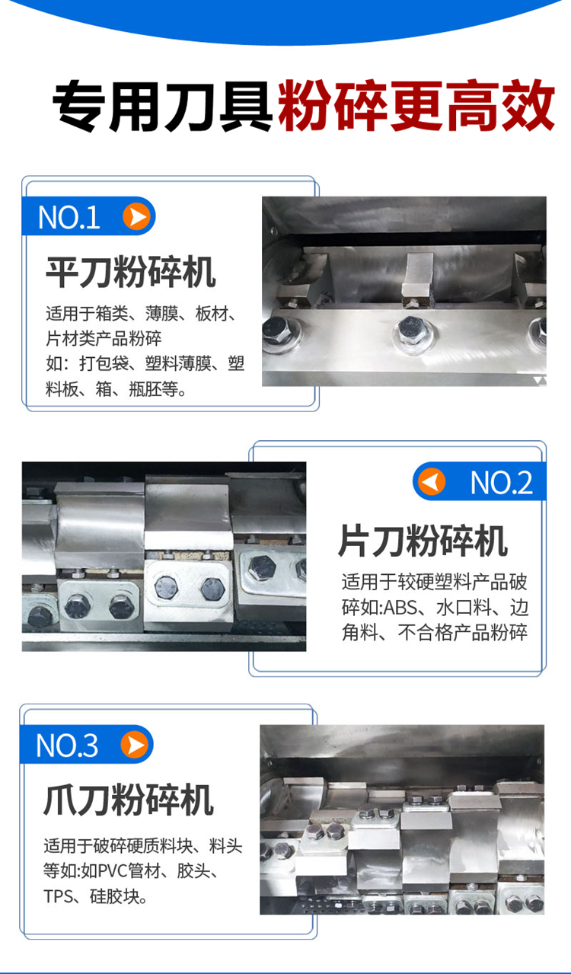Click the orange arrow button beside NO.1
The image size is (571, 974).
click(x=136, y=216)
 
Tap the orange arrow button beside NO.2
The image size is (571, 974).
click(x=432, y=481)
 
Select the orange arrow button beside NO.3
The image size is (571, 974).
click(x=134, y=744)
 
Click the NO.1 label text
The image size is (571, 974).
click(x=69, y=217)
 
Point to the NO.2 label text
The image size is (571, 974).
click(x=501, y=482)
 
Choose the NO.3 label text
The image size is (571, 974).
click(x=67, y=746)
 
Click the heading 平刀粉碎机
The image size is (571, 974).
click(x=130, y=272)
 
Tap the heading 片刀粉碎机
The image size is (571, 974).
click(x=423, y=541)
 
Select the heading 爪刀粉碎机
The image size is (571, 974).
click(x=129, y=800)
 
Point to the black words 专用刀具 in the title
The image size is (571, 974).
click(x=162, y=106)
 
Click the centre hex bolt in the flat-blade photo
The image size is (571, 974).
click(x=412, y=327)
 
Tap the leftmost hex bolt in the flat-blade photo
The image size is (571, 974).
click(x=277, y=330)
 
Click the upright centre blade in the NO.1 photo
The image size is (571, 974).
click(x=417, y=278)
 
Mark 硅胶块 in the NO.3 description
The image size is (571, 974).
click(x=115, y=896)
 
